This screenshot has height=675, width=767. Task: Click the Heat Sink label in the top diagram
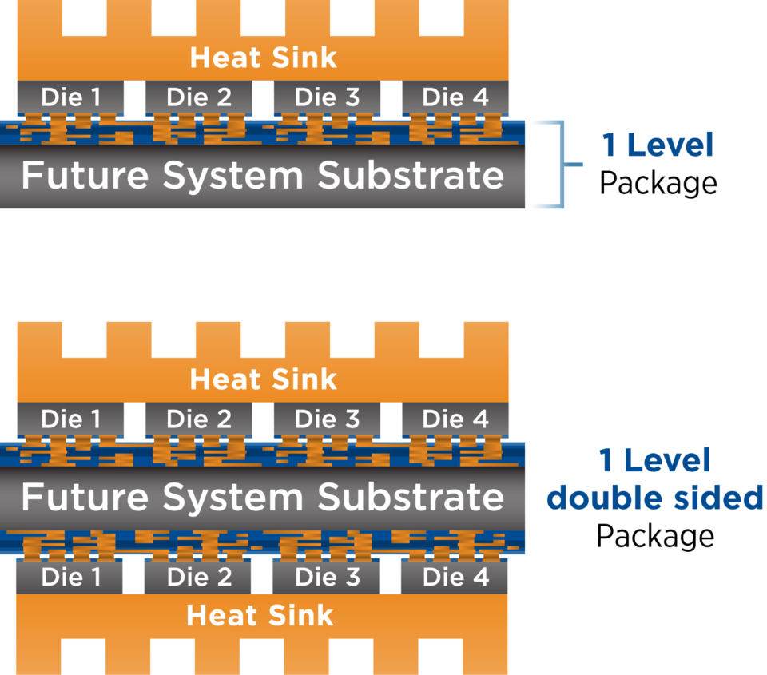[263, 58]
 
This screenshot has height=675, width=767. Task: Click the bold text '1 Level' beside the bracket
[657, 145]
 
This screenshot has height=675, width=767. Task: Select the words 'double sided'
[655, 498]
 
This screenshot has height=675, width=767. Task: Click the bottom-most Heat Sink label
[260, 616]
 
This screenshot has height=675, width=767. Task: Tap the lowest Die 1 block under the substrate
[70, 577]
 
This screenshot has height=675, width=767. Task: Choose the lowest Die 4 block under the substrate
[455, 577]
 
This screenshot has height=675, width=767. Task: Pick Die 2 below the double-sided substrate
[199, 577]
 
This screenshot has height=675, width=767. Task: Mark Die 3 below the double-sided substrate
[327, 577]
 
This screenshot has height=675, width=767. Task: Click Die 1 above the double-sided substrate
[70, 419]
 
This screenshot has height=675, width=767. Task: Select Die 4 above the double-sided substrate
[455, 419]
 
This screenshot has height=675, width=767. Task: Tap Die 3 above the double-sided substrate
[327, 419]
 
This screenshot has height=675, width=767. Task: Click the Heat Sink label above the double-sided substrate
[263, 379]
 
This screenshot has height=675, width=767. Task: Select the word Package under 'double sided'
[655, 535]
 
